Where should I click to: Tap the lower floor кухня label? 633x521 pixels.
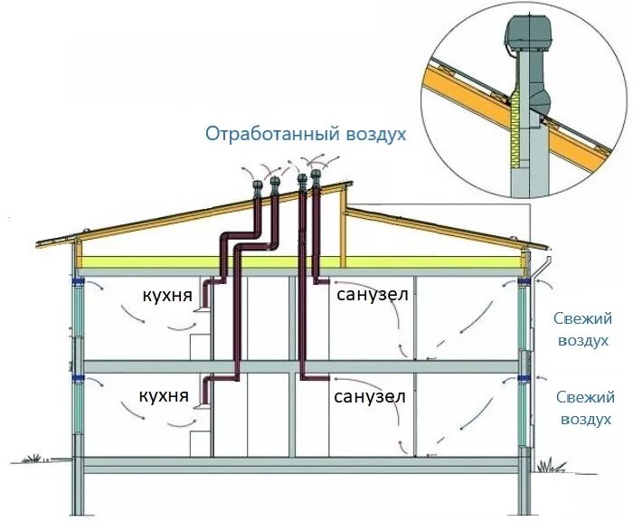tap(164, 396)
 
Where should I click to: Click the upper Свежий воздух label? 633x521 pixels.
tap(583, 329)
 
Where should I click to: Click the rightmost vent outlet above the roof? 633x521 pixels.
tap(316, 175)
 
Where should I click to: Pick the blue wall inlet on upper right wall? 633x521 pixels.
tap(524, 286)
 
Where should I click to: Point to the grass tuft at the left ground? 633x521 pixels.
tap(33, 459)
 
